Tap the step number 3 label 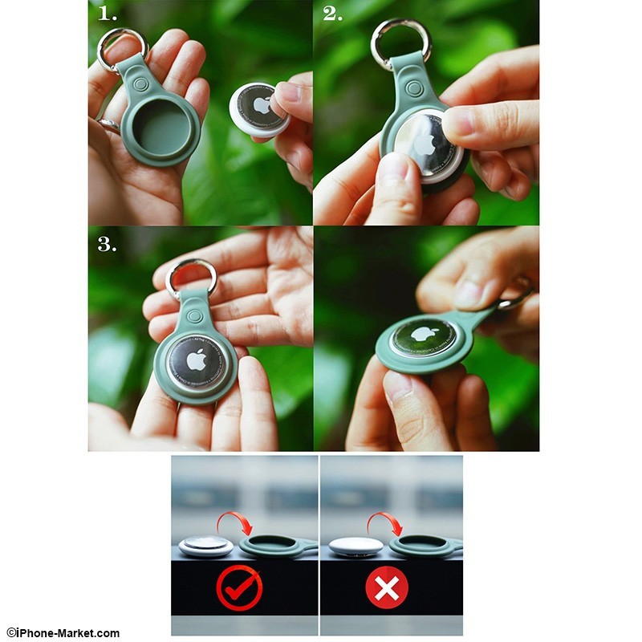(107, 245)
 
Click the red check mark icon (239, 588)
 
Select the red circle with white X (387, 588)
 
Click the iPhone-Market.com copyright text (63, 633)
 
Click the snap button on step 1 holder (141, 85)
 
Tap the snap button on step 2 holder (413, 88)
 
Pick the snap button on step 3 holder (194, 316)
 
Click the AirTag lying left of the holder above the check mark (206, 546)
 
